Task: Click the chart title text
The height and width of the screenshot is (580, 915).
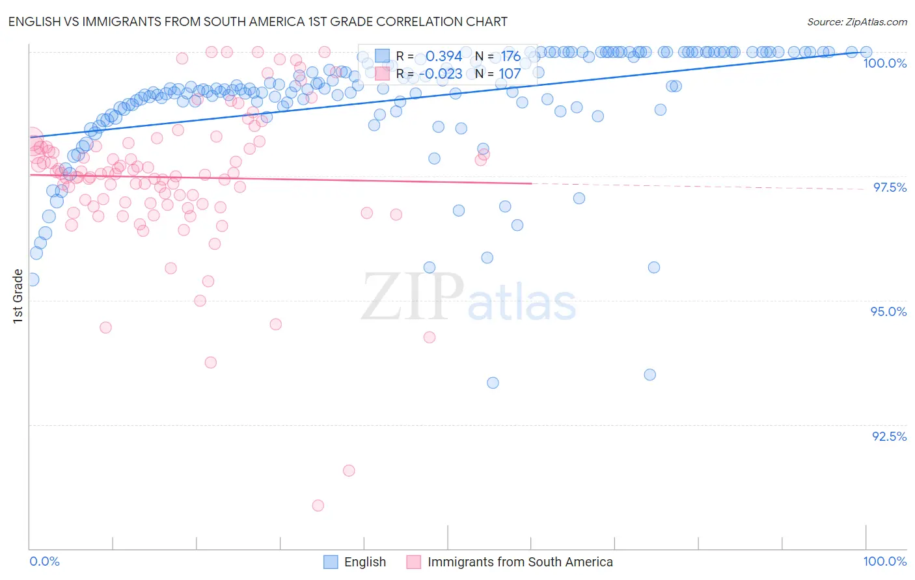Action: point(258,21)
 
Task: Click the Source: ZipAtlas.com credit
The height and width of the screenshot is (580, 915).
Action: point(856,21)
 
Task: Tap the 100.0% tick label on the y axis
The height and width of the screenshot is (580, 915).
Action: point(884,63)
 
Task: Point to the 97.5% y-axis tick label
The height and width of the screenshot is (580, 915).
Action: point(889,187)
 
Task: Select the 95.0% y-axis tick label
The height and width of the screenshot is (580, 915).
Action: point(888,311)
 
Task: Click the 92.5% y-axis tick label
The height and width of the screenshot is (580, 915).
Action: point(889,436)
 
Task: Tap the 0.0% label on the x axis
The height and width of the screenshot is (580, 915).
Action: point(45,561)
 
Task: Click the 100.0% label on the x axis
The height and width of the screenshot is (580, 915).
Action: point(884,561)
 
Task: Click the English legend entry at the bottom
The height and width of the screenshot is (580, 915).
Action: point(364,562)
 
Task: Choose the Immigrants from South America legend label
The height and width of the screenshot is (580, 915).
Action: point(520,562)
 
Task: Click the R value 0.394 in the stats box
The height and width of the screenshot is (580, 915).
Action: point(444,57)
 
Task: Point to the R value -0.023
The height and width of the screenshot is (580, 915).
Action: point(441,74)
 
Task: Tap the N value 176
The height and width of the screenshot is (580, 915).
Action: point(510,57)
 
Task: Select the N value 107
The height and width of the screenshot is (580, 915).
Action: point(510,74)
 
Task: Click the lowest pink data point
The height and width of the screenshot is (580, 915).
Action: point(318,505)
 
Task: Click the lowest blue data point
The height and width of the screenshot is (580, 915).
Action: point(493,383)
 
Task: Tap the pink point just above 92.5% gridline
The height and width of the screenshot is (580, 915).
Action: point(349,471)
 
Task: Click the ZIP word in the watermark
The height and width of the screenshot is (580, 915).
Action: point(413,297)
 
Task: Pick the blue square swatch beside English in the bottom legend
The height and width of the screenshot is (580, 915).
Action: point(331,562)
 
